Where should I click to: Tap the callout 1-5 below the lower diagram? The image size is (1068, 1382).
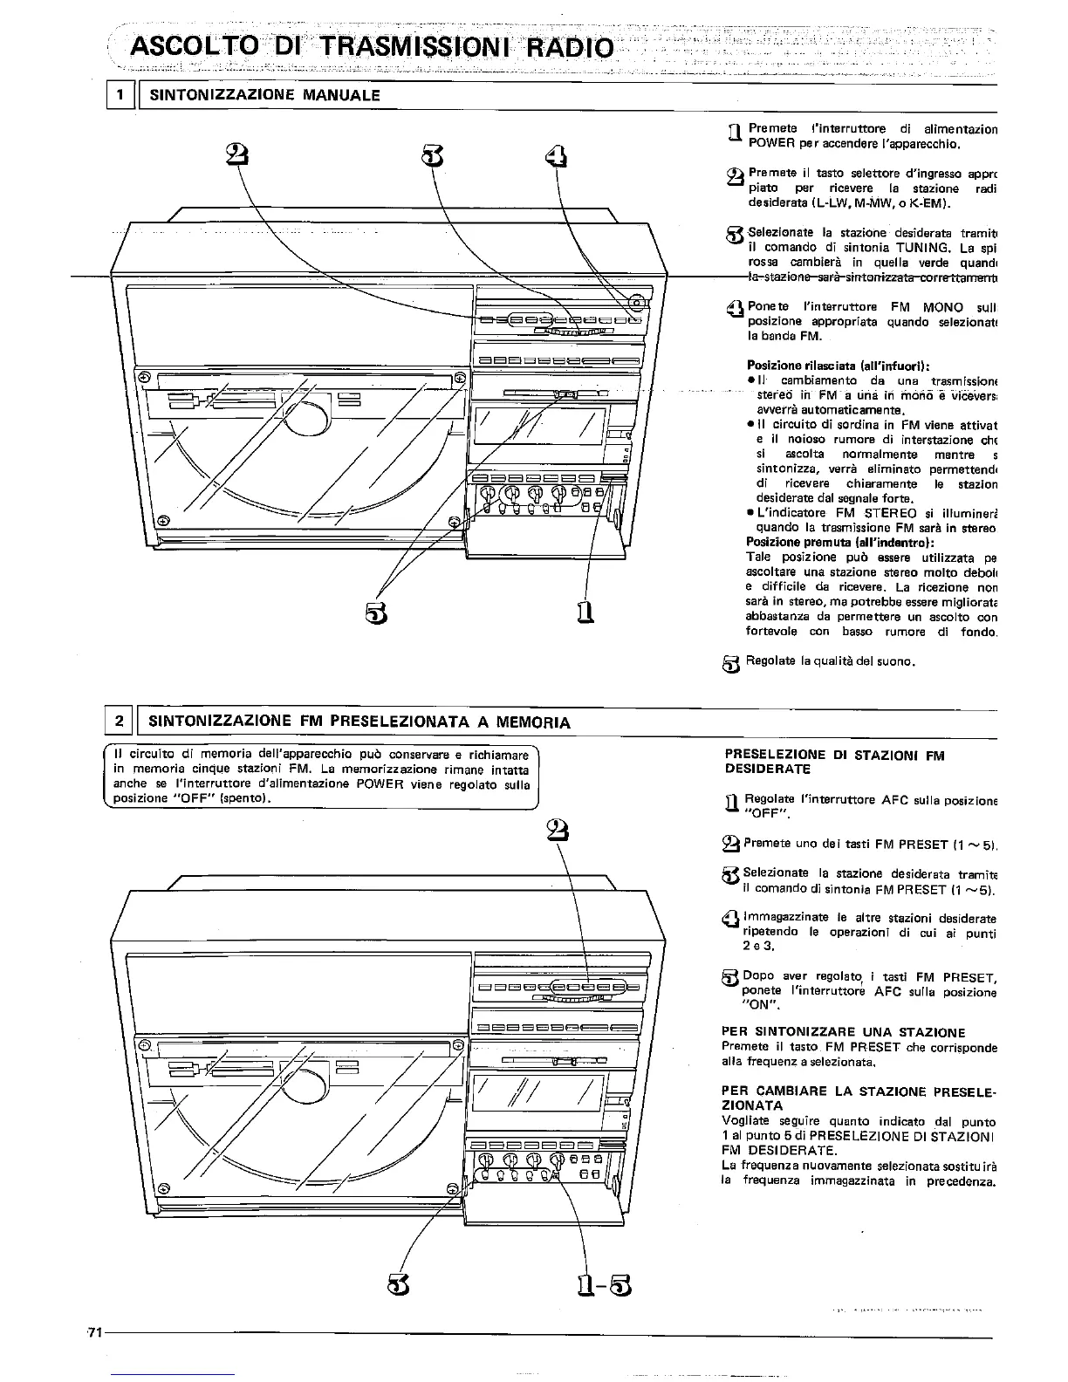pyautogui.click(x=603, y=1284)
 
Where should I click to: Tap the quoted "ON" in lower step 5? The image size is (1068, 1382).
pyautogui.click(x=756, y=1004)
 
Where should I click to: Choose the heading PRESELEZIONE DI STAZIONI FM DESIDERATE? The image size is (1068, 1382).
pyautogui.click(x=833, y=762)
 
